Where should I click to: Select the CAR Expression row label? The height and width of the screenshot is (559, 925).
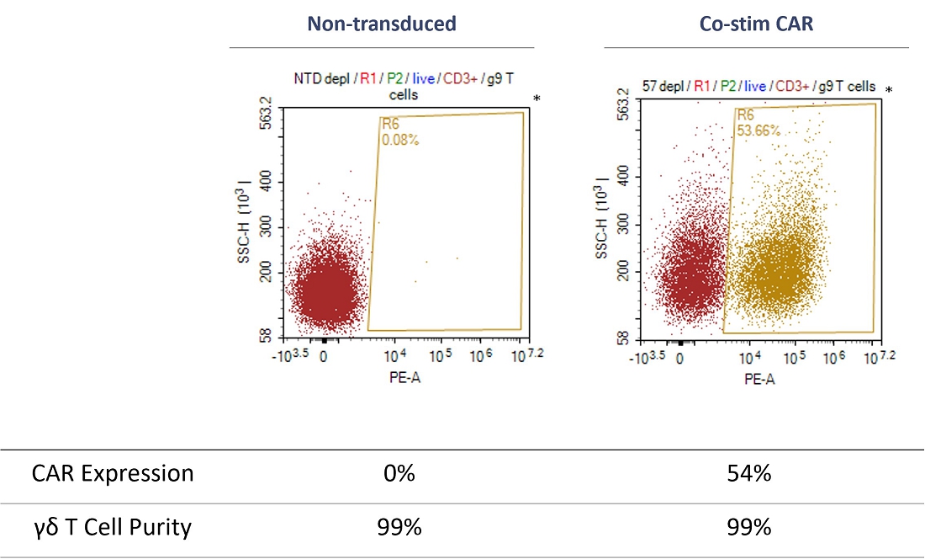(113, 474)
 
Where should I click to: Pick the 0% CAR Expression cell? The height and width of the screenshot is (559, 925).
(398, 474)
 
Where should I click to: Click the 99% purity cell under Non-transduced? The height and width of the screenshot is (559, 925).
(398, 528)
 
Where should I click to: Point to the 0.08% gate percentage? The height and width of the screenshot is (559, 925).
(400, 140)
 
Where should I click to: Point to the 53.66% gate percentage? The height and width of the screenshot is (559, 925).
(758, 130)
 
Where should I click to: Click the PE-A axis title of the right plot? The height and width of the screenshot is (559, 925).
(759, 379)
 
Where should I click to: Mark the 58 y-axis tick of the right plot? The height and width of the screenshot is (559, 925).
(623, 338)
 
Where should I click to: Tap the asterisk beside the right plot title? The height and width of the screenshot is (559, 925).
(889, 90)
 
